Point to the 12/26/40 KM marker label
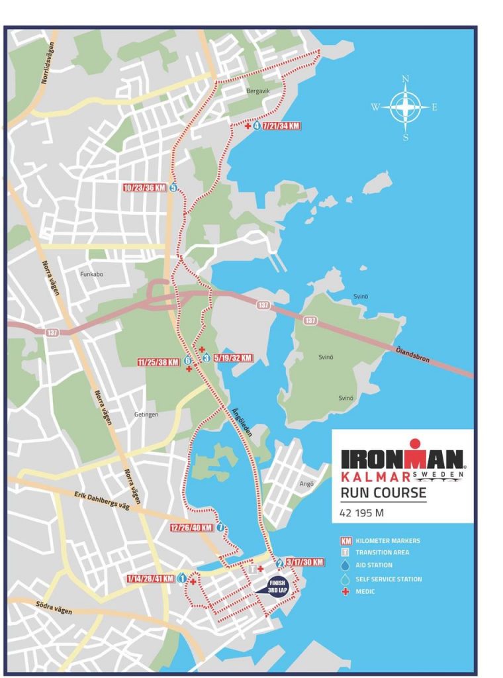[191, 528]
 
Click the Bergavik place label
[259, 92]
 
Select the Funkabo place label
[92, 273]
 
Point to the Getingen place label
[146, 414]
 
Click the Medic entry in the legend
[365, 591]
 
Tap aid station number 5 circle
[173, 187]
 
